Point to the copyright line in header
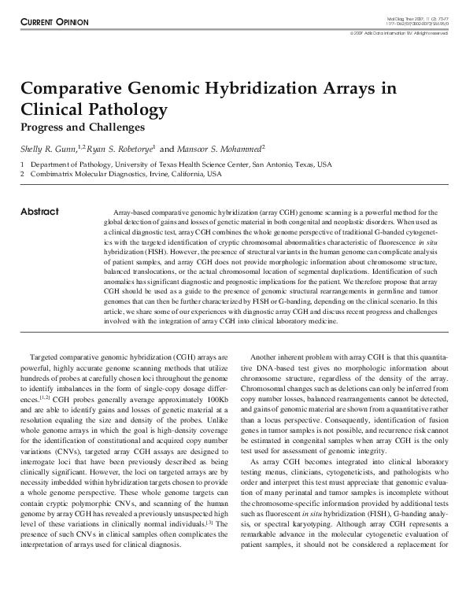pyautogui.click(x=399, y=33)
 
